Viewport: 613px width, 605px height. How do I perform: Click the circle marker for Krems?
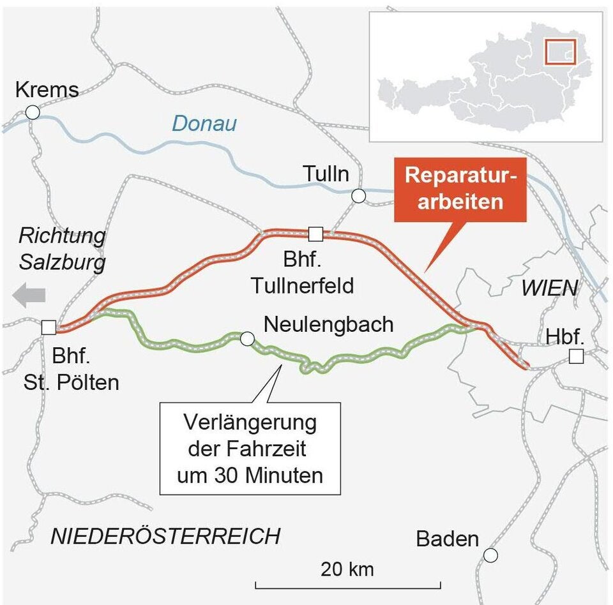point(33,113)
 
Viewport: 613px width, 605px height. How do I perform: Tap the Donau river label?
point(204,123)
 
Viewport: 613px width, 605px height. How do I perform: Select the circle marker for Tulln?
point(359,196)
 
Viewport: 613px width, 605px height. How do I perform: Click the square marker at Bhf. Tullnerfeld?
point(315,234)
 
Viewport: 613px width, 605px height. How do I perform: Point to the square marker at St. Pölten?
point(48,328)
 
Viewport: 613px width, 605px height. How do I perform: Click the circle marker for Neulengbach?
point(246,338)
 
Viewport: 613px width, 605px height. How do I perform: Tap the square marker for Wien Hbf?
point(576,357)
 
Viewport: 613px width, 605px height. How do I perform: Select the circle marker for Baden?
point(490,555)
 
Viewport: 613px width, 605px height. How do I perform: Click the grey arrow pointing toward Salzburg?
point(29,295)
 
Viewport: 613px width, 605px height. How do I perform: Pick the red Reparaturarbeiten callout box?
point(460,189)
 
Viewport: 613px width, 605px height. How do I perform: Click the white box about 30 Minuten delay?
point(250,449)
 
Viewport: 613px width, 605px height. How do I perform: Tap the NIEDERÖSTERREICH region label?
point(165,537)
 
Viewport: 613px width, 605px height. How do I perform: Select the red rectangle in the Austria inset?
point(560,52)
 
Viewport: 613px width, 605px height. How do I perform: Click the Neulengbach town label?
point(328,325)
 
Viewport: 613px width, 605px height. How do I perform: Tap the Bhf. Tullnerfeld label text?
point(302,274)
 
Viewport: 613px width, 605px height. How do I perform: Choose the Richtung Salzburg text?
point(62,248)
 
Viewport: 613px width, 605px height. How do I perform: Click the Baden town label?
point(447,539)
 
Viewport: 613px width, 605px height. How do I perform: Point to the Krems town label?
point(47,89)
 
